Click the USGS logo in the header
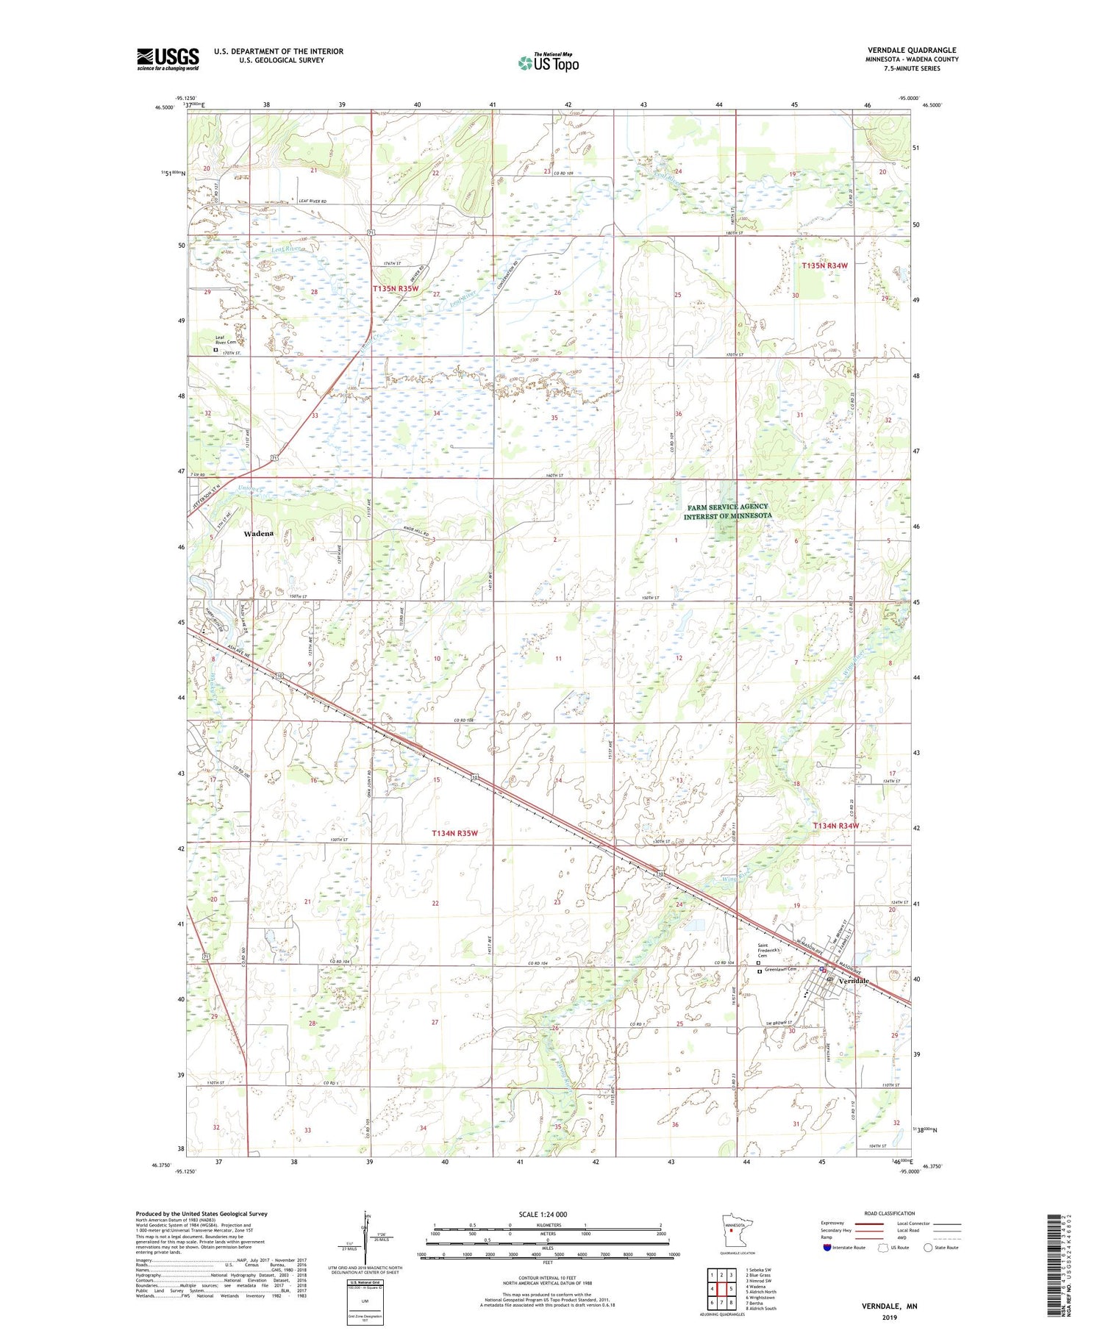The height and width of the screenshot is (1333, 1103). click(x=168, y=58)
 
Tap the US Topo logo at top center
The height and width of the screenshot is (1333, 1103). click(x=548, y=63)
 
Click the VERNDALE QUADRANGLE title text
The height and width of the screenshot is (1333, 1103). click(x=912, y=51)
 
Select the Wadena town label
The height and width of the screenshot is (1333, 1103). click(x=259, y=534)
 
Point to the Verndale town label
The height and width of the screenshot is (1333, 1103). click(x=854, y=981)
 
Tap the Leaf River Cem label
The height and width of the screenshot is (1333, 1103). click(x=226, y=340)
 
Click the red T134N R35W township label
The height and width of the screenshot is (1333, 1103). click(x=454, y=833)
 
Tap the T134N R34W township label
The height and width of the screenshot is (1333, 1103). click(x=835, y=826)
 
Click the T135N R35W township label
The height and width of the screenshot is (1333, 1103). click(x=396, y=289)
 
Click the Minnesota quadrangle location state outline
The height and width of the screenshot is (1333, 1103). click(x=735, y=1231)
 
